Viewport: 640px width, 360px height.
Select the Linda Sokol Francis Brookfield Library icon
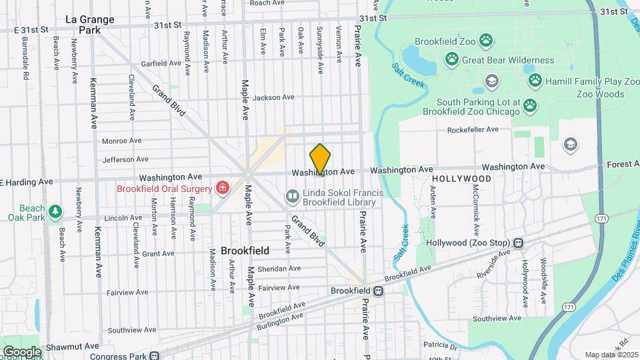(x=292, y=196)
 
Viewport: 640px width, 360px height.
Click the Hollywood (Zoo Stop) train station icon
(x=517, y=243)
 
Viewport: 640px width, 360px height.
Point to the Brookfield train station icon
(x=378, y=291)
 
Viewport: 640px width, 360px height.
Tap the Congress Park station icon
(x=155, y=356)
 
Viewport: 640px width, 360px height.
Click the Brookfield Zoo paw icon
(x=486, y=41)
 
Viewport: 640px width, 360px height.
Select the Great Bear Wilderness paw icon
(x=453, y=60)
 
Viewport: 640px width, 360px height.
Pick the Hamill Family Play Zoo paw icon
(x=535, y=81)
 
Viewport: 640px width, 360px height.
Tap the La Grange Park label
(x=90, y=25)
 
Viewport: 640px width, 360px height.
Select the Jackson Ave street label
(x=273, y=97)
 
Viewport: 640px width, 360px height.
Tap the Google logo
(x=22, y=352)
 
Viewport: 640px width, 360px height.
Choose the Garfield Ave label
(x=161, y=64)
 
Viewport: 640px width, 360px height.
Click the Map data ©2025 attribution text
(x=610, y=355)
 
